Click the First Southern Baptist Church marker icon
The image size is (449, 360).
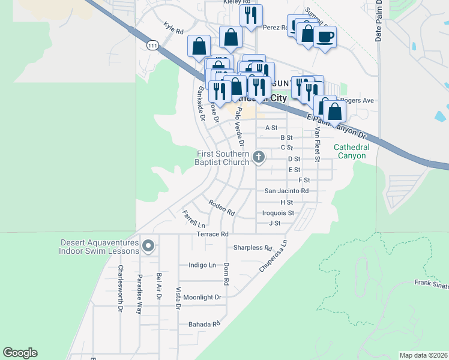click(259, 157)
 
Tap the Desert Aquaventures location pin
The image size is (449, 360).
click(148, 245)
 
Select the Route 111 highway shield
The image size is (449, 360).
click(152, 46)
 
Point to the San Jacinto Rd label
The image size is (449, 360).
click(286, 191)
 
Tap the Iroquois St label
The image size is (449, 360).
click(278, 213)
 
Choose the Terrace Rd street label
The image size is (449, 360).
click(212, 233)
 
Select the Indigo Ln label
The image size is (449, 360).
click(202, 265)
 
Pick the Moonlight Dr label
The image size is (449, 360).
click(202, 297)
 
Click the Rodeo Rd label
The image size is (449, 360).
click(221, 208)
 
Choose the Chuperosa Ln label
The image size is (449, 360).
click(274, 256)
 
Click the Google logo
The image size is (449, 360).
click(20, 353)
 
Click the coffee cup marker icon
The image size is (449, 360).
click(325, 37)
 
